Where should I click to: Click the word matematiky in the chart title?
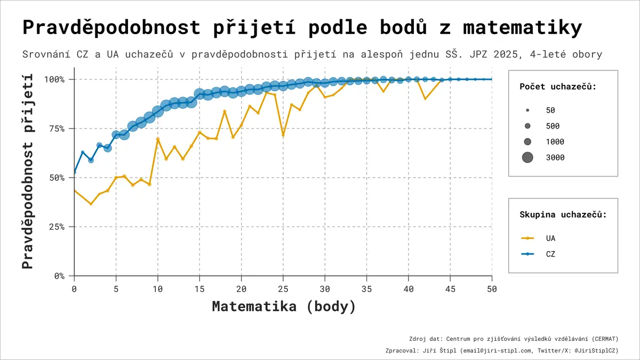[522, 28]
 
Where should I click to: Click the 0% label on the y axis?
[59, 276]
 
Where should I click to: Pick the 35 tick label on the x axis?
[366, 289]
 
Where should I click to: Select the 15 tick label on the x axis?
[199, 289]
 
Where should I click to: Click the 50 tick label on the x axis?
[492, 289]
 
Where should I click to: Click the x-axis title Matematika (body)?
[284, 307]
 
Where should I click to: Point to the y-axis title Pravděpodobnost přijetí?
[28, 171]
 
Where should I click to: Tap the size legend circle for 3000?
[527, 157]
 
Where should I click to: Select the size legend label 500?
[553, 126]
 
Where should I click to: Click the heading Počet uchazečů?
[558, 86]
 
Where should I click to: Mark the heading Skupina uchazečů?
[563, 214]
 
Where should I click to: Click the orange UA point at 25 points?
[283, 135]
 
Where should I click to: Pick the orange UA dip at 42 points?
[425, 99]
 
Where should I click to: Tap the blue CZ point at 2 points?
[91, 161]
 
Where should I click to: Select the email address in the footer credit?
[497, 350]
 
